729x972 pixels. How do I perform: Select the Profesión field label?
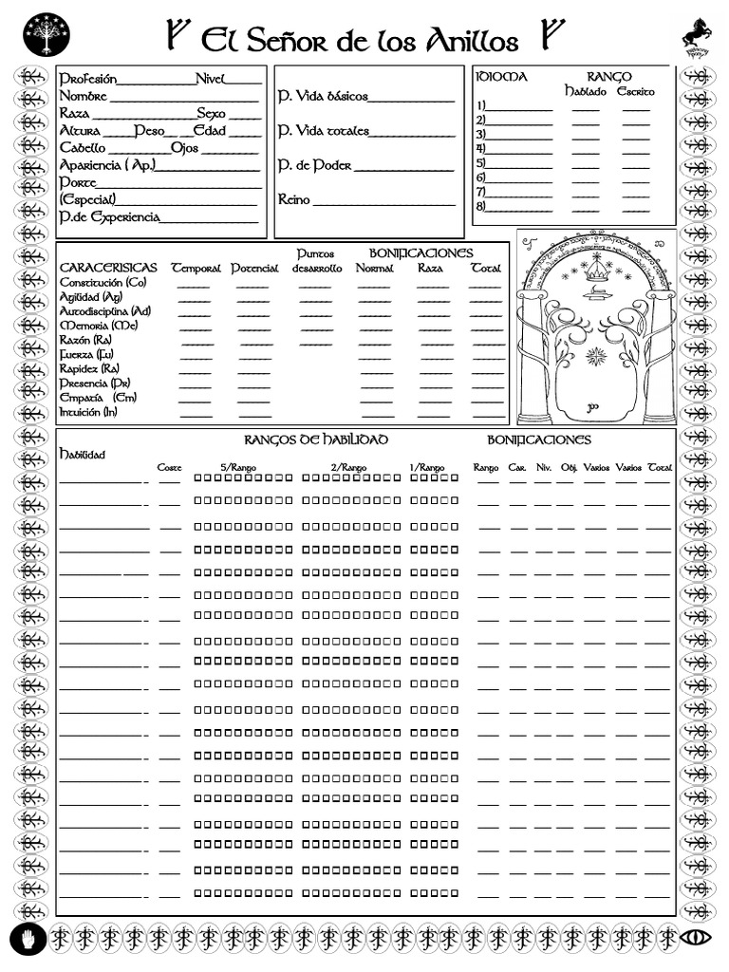(x=87, y=79)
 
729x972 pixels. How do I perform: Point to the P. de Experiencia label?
(x=109, y=217)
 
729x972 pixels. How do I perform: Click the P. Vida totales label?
(x=324, y=131)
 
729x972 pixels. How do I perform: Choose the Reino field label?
(x=294, y=199)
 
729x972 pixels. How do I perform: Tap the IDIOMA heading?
(x=501, y=76)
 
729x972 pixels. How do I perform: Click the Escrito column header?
(x=635, y=92)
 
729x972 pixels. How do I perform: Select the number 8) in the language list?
(x=481, y=206)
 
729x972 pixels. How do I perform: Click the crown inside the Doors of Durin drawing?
(x=597, y=271)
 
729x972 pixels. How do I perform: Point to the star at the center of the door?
(x=596, y=356)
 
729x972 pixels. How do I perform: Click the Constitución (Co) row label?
(x=103, y=283)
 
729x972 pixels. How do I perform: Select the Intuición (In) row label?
(x=88, y=412)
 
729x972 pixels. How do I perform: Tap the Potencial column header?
(x=254, y=269)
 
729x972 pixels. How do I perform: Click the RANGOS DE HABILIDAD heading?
(x=316, y=439)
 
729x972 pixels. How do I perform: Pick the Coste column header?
(x=169, y=467)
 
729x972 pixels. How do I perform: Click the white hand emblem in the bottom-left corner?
(x=29, y=938)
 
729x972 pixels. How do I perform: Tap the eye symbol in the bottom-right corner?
(x=698, y=938)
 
